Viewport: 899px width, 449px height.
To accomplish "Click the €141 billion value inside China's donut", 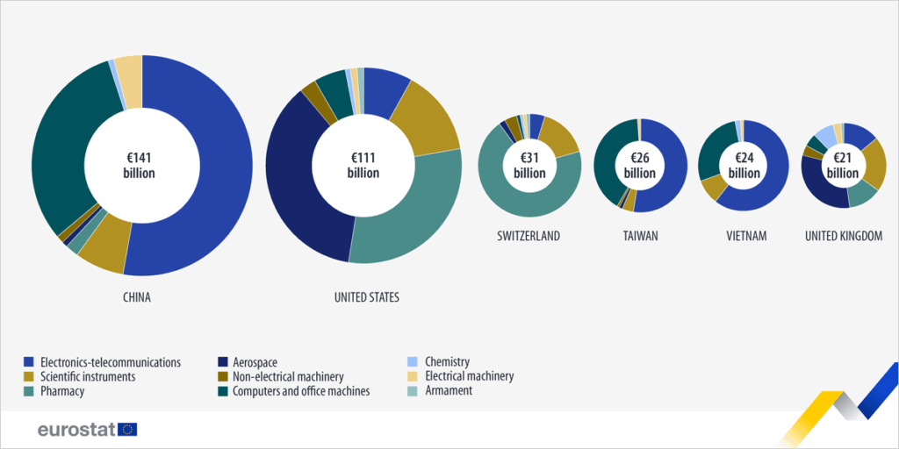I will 139,165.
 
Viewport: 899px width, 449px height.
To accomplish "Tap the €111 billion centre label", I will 363,165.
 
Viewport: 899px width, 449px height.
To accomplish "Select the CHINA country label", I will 136,297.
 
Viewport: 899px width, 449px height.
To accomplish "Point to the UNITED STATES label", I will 367,297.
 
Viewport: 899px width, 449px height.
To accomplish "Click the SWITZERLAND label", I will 528,236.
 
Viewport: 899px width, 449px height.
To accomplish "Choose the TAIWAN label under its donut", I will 639,236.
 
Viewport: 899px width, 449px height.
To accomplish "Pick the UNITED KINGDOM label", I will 843,236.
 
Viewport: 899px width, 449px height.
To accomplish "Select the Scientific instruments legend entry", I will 86,376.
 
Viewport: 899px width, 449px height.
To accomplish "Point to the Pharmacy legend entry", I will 60,391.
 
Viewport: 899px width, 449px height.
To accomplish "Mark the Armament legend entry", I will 448,391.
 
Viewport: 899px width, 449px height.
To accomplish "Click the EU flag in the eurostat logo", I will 128,429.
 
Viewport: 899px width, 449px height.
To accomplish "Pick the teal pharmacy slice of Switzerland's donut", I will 527,202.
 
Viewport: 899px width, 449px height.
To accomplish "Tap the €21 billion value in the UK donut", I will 843,165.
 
